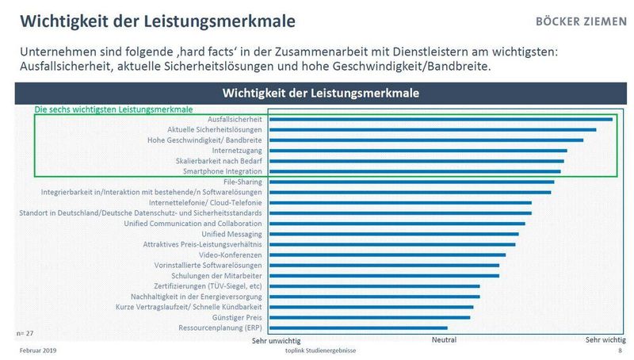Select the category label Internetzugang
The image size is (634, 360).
pos(238,150)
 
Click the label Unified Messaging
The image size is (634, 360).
pos(232,234)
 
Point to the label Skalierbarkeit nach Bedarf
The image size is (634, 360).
pos(219,160)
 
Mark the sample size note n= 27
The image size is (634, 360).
pos(25,326)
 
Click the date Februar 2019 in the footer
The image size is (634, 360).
pos(37,350)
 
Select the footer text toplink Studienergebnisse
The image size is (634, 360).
pos(320,350)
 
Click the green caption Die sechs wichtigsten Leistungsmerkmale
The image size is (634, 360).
pos(113,109)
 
